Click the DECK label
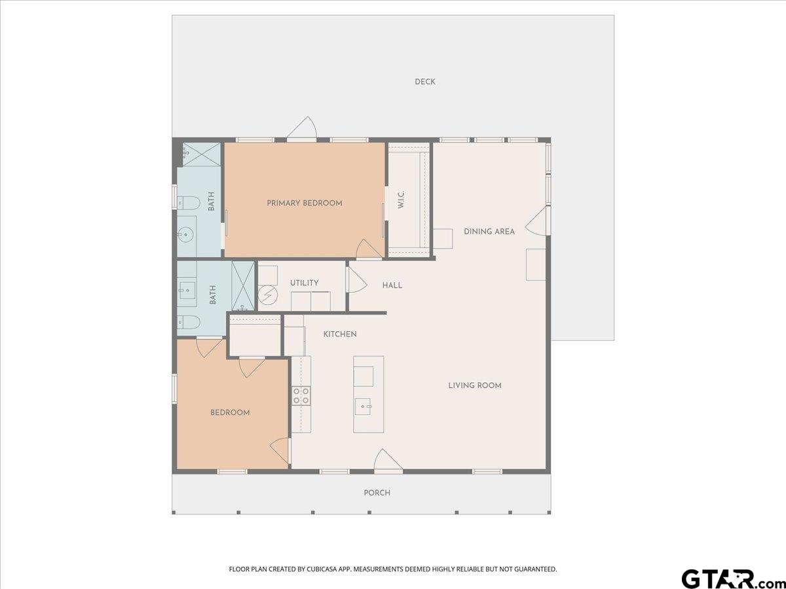pyautogui.click(x=425, y=82)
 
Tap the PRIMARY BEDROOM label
pyautogui.click(x=305, y=203)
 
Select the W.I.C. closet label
pyautogui.click(x=401, y=200)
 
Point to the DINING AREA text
pyautogui.click(x=489, y=232)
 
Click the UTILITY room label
pyautogui.click(x=304, y=283)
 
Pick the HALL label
pyautogui.click(x=392, y=285)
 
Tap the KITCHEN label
pyautogui.click(x=340, y=334)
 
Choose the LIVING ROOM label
pyautogui.click(x=475, y=385)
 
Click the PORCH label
pyautogui.click(x=377, y=493)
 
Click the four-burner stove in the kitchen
pyautogui.click(x=301, y=395)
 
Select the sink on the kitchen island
pyautogui.click(x=363, y=406)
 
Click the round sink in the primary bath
pyautogui.click(x=185, y=235)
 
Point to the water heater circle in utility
pyautogui.click(x=268, y=295)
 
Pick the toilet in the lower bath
pyautogui.click(x=188, y=323)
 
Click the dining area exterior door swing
pyautogui.click(x=538, y=222)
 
